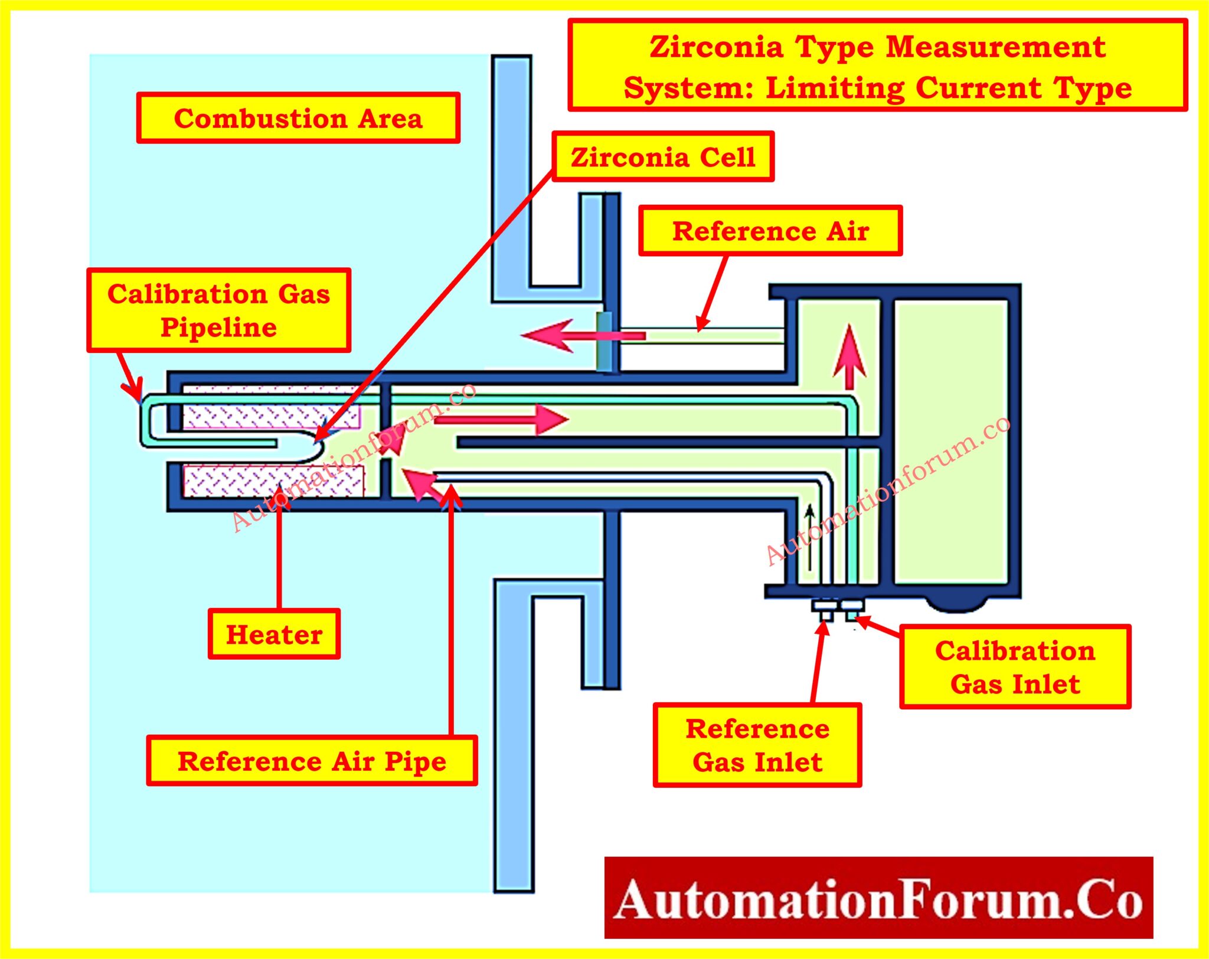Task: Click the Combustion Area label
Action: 298,118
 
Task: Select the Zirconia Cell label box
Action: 663,157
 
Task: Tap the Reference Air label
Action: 770,231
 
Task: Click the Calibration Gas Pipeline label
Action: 218,310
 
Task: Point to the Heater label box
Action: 274,634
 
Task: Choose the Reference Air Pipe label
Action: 312,761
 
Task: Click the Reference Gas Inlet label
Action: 757,745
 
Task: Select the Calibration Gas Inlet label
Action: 1015,667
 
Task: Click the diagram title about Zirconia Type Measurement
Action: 877,66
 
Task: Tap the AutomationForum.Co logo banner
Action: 878,898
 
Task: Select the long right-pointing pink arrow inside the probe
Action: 502,419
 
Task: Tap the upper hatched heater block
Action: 271,408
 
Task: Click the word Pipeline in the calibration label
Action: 218,328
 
